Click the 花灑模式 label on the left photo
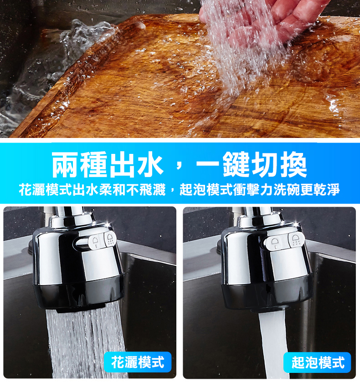[138, 362]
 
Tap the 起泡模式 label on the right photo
[318, 362]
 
